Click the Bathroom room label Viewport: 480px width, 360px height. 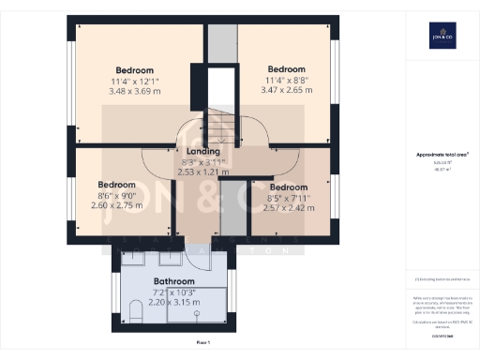click(x=173, y=281)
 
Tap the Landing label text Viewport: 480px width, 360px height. click(x=202, y=151)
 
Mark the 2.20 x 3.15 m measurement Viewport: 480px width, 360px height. click(x=173, y=303)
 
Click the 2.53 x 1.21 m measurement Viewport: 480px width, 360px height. click(x=202, y=172)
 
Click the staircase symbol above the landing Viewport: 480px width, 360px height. click(x=223, y=122)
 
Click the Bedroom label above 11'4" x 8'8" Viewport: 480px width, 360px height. click(x=286, y=69)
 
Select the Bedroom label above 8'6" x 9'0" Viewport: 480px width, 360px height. click(x=117, y=185)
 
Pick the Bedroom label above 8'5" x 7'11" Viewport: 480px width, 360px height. click(x=288, y=187)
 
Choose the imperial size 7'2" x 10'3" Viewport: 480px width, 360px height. click(x=173, y=292)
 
